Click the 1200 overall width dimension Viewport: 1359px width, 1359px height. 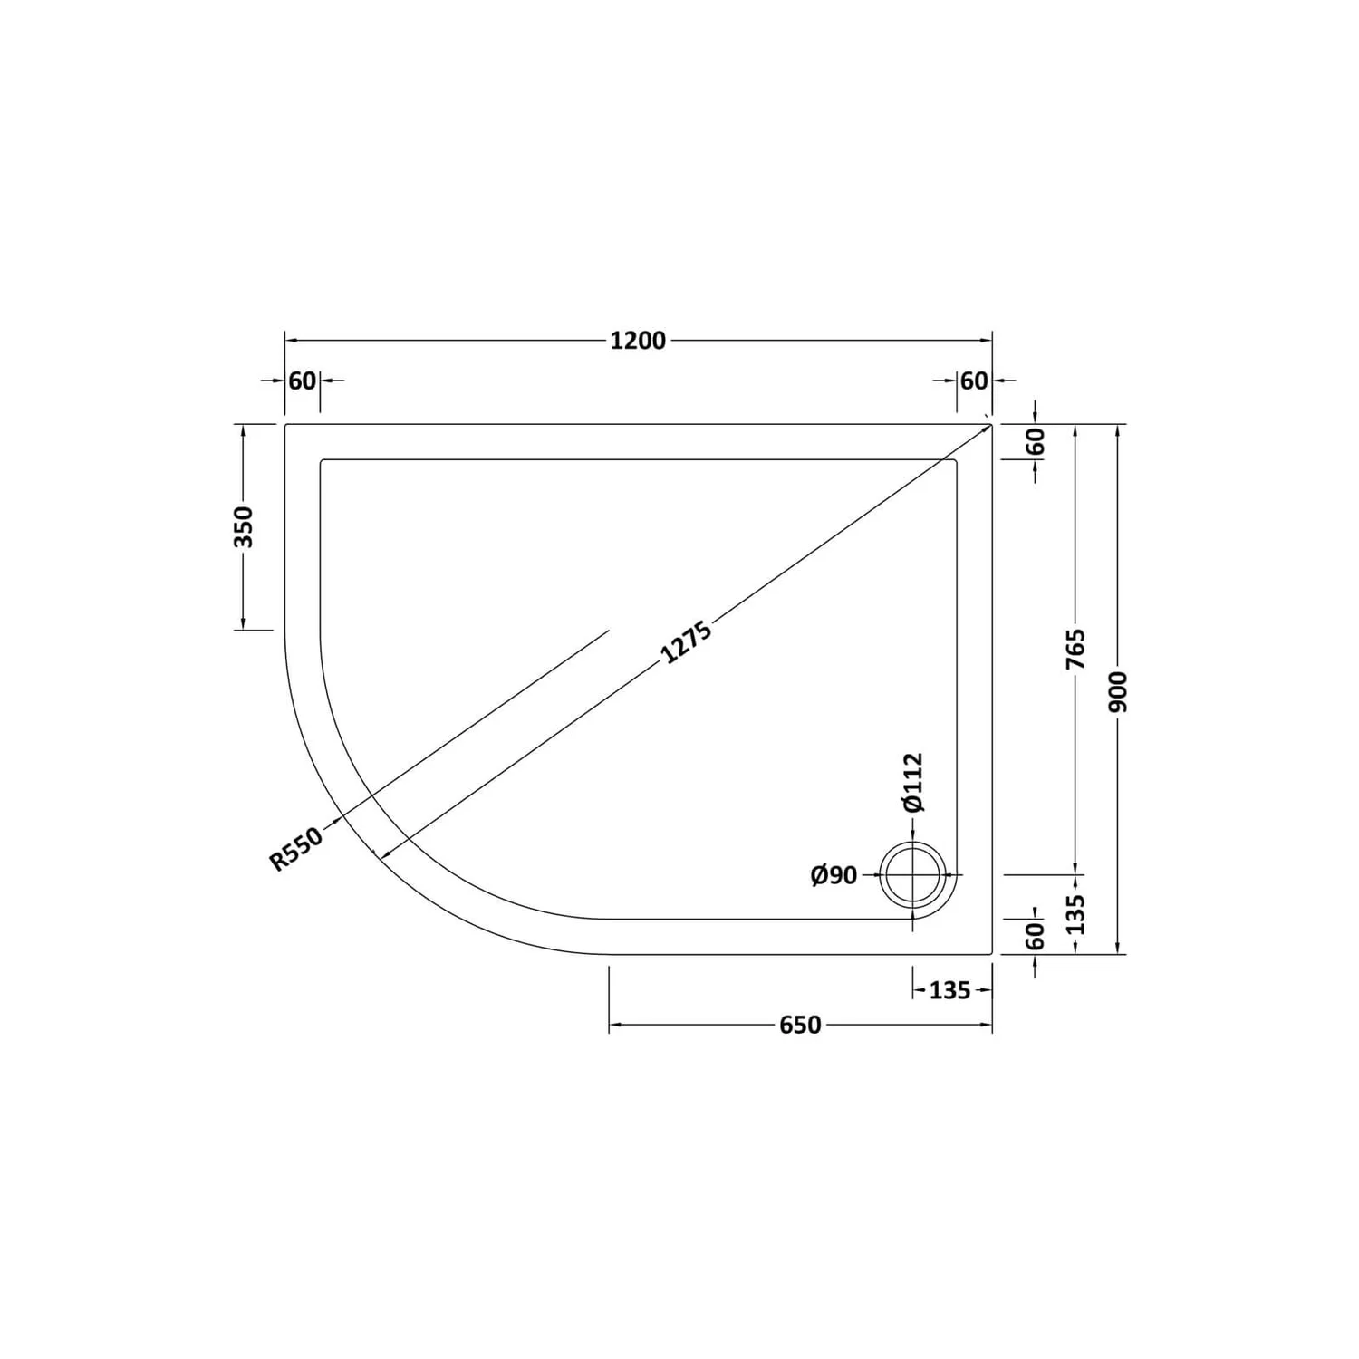pyautogui.click(x=638, y=341)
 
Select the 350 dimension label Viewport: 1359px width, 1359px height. pyautogui.click(x=244, y=526)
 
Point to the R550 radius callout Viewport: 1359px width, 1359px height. pyautogui.click(x=296, y=850)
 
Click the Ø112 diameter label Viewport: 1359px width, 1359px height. pyautogui.click(x=912, y=782)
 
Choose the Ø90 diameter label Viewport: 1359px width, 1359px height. pyautogui.click(x=834, y=875)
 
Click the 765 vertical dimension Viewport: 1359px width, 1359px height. pyautogui.click(x=1075, y=649)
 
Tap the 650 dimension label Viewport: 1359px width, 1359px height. pyautogui.click(x=800, y=1025)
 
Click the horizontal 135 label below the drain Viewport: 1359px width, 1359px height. pyautogui.click(x=949, y=990)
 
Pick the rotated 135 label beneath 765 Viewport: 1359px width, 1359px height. pyautogui.click(x=1075, y=915)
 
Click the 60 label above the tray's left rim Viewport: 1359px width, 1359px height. pyautogui.click(x=302, y=381)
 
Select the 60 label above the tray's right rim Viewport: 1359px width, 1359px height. pyautogui.click(x=974, y=381)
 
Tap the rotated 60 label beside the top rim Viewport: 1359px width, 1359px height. pyautogui.click(x=1036, y=441)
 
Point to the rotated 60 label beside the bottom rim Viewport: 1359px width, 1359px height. pyautogui.click(x=1036, y=936)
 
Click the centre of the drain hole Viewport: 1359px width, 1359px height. pyautogui.click(x=913, y=875)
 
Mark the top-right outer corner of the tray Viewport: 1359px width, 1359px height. pyautogui.click(x=992, y=424)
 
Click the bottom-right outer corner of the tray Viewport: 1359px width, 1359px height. pyautogui.click(x=992, y=954)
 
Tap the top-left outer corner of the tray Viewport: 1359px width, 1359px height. pyautogui.click(x=286, y=424)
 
